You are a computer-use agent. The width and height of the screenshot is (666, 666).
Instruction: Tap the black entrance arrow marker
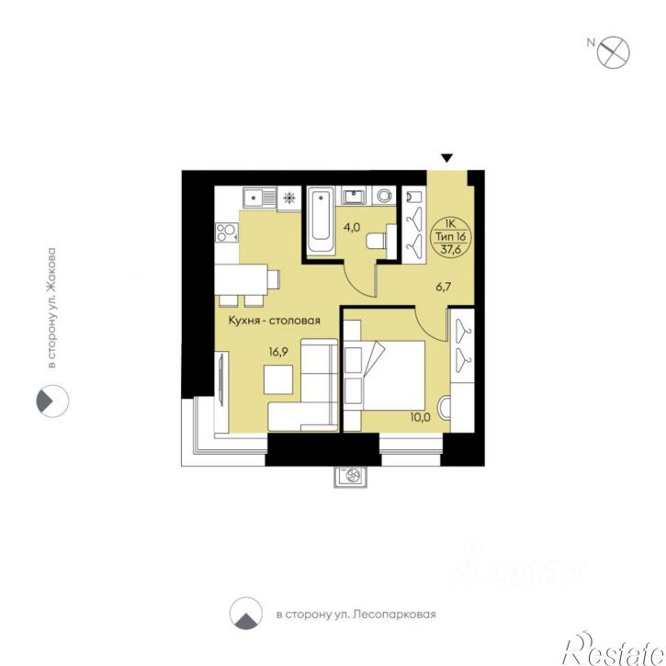click(x=446, y=158)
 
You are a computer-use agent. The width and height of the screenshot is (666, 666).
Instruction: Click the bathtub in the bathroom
click(x=321, y=220)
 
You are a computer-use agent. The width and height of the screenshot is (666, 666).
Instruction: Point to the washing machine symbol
click(x=384, y=196)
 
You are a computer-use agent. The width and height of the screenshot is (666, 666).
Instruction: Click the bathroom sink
click(x=354, y=197)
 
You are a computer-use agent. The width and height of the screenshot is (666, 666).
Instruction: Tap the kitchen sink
click(x=260, y=198)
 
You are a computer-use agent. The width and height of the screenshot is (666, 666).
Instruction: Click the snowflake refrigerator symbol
click(x=289, y=198)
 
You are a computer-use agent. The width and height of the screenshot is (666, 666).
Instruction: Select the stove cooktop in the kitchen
click(x=226, y=232)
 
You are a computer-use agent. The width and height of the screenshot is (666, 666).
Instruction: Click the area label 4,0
click(x=352, y=227)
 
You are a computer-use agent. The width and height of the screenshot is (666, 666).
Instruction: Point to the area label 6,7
click(x=443, y=288)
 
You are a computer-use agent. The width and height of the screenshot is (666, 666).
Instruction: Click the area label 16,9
click(x=278, y=352)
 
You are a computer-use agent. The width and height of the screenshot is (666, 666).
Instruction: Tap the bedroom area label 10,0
click(x=420, y=417)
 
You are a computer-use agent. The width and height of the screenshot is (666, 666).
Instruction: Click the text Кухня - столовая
click(x=275, y=321)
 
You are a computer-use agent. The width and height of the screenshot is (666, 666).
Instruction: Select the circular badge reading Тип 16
click(x=451, y=237)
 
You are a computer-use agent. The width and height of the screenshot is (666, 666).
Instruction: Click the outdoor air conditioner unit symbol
click(x=351, y=476)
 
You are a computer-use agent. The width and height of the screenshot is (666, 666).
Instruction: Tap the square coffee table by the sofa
click(x=278, y=379)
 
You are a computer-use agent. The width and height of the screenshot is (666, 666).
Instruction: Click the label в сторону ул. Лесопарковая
click(x=356, y=615)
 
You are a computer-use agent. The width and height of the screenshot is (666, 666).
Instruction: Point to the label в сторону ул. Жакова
click(x=51, y=308)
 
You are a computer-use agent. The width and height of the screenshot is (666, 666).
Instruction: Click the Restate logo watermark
click(x=614, y=649)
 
